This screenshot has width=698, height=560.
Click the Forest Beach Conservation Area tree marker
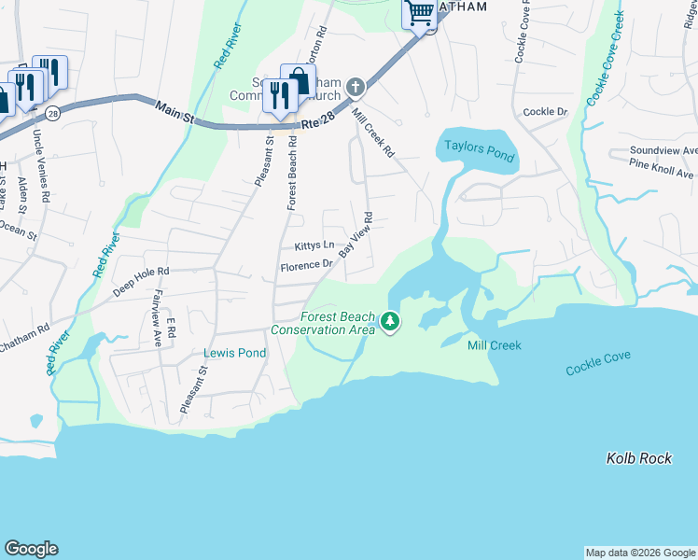390,323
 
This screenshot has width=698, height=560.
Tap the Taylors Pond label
479,150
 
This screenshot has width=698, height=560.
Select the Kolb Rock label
638,458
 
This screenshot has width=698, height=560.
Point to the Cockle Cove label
598,363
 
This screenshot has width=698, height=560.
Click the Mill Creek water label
494,345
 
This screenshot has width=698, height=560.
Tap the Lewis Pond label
235,353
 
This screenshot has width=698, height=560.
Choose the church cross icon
355,88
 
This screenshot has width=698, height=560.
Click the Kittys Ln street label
314,245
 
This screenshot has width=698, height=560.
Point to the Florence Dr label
307,265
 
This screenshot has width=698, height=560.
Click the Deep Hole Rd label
141,281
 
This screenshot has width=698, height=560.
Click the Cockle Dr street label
545,112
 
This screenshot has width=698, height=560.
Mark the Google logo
31,549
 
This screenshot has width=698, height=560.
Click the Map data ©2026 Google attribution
640,553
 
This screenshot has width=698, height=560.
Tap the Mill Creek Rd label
373,133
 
